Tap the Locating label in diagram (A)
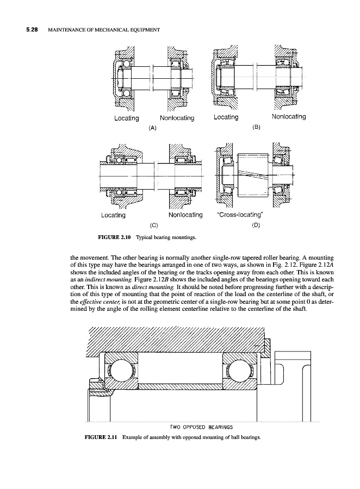click(126, 117)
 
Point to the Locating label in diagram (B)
click(226, 117)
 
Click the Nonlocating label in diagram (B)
click(288, 116)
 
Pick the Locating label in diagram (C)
click(114, 215)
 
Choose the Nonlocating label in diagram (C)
click(185, 215)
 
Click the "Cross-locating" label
click(240, 215)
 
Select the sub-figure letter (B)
click(257, 127)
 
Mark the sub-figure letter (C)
click(154, 224)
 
